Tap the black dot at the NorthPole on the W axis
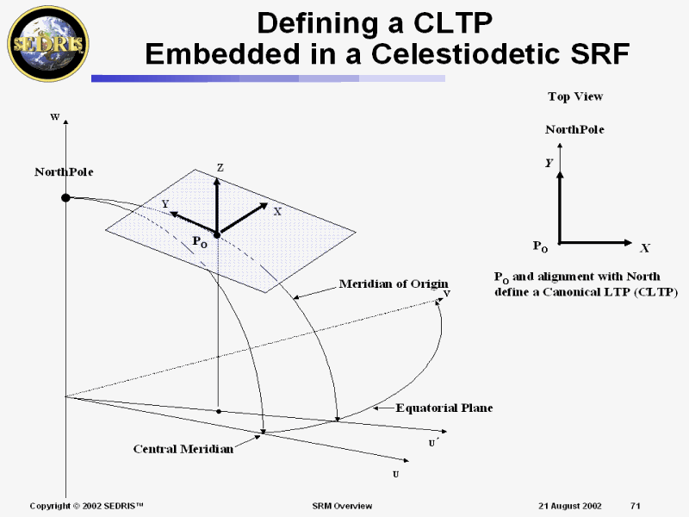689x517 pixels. tap(65, 198)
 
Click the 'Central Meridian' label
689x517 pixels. tap(183, 448)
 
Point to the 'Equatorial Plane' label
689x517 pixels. tap(444, 408)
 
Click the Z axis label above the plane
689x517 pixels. tap(220, 168)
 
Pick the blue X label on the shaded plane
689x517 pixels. tap(277, 211)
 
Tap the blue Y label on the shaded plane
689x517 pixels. tap(165, 204)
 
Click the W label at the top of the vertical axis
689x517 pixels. tap(54, 116)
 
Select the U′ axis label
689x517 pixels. tap(435, 443)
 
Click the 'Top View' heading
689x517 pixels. tap(575, 97)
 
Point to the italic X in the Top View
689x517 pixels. tap(644, 248)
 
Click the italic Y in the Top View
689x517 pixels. tap(549, 162)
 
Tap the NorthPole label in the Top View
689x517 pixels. tap(574, 129)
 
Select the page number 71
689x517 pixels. tap(636, 505)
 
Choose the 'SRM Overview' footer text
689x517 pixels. tap(341, 505)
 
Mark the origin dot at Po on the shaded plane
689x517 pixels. tap(217, 234)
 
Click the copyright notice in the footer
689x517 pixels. tap(86, 505)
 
